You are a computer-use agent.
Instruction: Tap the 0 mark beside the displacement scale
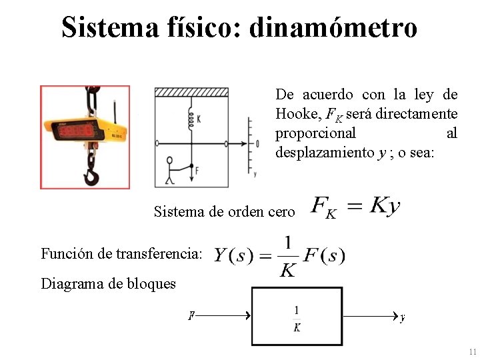click(x=257, y=143)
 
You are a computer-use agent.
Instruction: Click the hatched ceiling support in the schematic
click(x=191, y=92)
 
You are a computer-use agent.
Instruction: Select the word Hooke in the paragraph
click(x=296, y=113)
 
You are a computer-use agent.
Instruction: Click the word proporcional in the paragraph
click(x=315, y=133)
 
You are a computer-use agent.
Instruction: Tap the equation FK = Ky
click(x=356, y=207)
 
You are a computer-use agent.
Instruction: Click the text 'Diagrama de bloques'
click(x=109, y=284)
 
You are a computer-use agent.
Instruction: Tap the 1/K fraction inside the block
click(x=297, y=318)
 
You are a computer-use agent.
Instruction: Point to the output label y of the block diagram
click(x=403, y=318)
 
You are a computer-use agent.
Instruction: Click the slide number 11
click(x=472, y=351)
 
